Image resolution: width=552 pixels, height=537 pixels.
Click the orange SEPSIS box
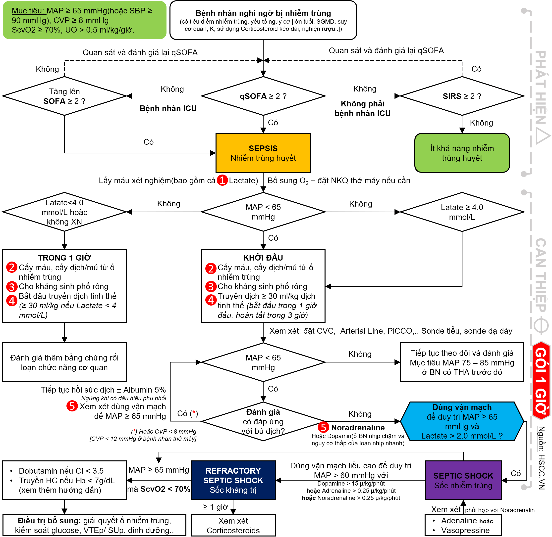pos(263,153)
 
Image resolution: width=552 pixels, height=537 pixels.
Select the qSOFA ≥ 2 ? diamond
pos(263,96)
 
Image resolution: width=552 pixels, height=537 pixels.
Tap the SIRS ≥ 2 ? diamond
pos(462,96)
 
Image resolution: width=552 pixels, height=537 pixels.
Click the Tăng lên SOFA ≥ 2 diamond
pos(64,96)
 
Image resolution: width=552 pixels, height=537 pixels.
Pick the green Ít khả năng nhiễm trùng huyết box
pos(462,153)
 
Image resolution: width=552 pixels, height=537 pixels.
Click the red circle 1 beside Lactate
pos(222,180)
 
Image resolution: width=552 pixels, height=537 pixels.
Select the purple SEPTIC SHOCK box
pos(463,480)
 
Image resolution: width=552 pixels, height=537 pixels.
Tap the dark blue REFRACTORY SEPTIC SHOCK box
pos(233,480)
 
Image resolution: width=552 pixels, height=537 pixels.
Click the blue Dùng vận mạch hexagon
pos(462,421)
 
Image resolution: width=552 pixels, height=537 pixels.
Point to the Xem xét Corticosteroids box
pos(233,525)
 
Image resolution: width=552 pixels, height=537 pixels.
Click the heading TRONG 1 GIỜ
pos(64,258)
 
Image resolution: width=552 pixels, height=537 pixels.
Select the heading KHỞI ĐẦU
pos(263,258)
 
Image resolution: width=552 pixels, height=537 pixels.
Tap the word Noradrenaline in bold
pos(358,428)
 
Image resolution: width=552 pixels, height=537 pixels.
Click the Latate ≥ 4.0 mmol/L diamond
pos(462,212)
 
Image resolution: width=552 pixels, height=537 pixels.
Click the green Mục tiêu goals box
pos(84,20)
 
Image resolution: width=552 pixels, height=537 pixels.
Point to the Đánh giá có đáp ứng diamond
pos(263,421)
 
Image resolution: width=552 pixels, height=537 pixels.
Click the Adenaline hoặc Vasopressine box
pos(463,525)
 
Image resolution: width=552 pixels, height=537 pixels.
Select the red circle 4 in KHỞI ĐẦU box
pos(211,300)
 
